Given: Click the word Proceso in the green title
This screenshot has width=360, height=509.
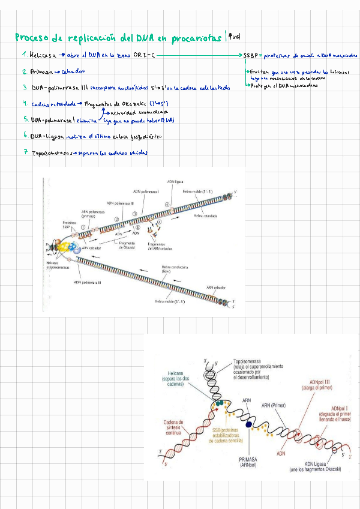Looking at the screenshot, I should coord(31,38).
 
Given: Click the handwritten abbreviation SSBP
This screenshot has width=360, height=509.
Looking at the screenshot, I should coord(251,55).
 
